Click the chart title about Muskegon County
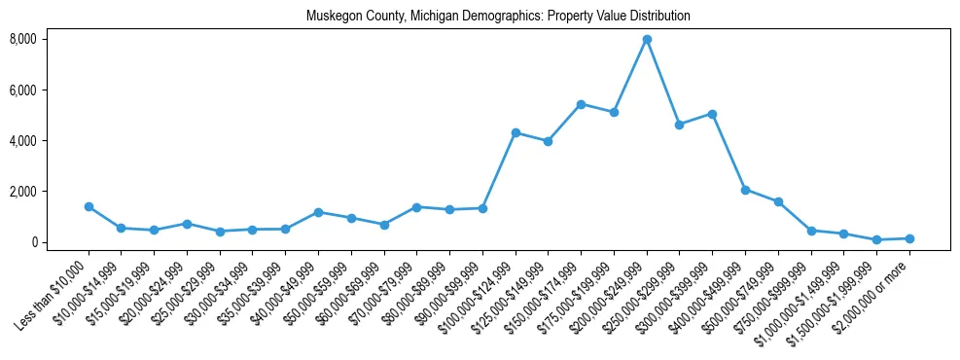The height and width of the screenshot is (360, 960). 497,17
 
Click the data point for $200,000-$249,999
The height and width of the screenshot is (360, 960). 647,39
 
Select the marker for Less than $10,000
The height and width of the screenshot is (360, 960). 89,206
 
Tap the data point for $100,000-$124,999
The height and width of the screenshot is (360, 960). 516,132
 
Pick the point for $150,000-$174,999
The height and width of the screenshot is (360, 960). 581,104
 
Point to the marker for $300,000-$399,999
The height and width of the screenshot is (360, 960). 712,114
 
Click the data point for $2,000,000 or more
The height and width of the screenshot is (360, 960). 909,238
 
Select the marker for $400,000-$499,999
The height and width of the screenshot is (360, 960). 745,190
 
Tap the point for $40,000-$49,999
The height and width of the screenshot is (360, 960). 318,212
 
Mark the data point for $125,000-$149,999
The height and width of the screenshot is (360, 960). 549,141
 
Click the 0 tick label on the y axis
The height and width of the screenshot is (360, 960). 60,242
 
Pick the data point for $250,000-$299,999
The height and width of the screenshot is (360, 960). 680,125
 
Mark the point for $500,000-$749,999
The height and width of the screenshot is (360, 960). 778,201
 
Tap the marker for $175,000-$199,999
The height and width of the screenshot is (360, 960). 614,112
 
